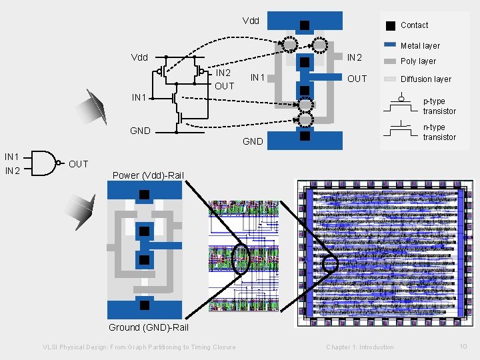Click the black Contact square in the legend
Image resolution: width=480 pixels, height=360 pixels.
pyautogui.click(x=389, y=25)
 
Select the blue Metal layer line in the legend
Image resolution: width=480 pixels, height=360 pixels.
pyautogui.click(x=390, y=45)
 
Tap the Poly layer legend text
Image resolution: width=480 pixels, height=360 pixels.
pyautogui.click(x=418, y=61)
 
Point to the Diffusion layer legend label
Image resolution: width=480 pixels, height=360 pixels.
pyautogui.click(x=426, y=79)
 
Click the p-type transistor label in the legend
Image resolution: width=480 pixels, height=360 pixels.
pyautogui.click(x=439, y=106)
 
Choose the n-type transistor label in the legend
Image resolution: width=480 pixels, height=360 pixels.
pyautogui.click(x=439, y=132)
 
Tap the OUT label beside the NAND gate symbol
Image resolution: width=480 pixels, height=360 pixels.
pyautogui.click(x=78, y=164)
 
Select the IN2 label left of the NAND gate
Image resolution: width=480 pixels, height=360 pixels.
pyautogui.click(x=12, y=171)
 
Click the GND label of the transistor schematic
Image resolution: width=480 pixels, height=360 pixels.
pyautogui.click(x=140, y=131)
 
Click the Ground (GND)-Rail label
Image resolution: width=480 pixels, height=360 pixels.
pyautogui.click(x=149, y=327)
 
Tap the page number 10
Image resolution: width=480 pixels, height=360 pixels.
pyautogui.click(x=463, y=346)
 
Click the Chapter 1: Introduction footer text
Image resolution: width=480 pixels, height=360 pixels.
pyautogui.click(x=360, y=347)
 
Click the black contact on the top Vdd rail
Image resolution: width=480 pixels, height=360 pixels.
pyautogui.click(x=304, y=25)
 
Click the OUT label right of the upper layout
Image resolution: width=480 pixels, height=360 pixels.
pyautogui.click(x=357, y=79)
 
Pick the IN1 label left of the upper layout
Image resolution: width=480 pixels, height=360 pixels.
pyautogui.click(x=258, y=78)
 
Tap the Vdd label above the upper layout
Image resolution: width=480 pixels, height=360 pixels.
pyautogui.click(x=251, y=21)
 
